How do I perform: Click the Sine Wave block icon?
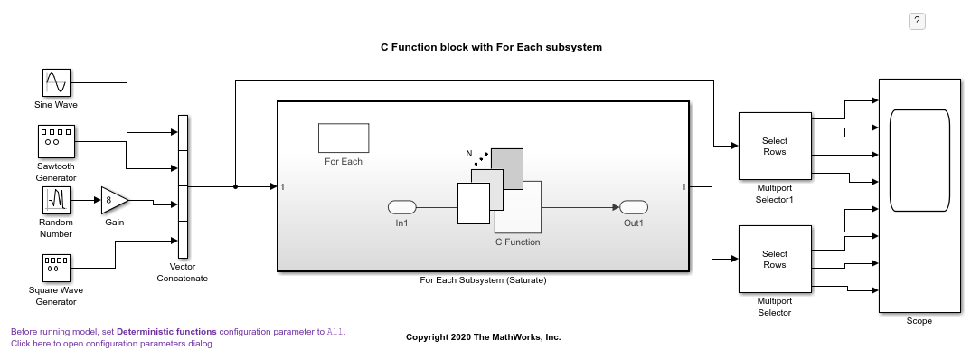pos(56,82)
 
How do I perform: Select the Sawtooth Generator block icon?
pos(56,140)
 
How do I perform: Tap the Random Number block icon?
pos(56,199)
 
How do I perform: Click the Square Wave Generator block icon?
pos(56,268)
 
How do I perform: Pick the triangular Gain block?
pos(113,200)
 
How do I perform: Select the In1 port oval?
pos(401,207)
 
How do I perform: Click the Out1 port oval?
pos(634,207)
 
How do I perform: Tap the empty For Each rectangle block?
pos(344,137)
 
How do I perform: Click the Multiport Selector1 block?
pos(774,146)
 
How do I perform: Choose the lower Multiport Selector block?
pos(774,259)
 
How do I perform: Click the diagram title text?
pos(491,47)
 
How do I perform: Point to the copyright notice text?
pos(484,337)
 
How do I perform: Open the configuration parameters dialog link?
pos(113,344)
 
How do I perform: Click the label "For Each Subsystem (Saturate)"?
pos(484,280)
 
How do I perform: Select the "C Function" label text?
pos(518,242)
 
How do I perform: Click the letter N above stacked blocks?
pos(469,154)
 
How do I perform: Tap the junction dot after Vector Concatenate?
pos(236,187)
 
